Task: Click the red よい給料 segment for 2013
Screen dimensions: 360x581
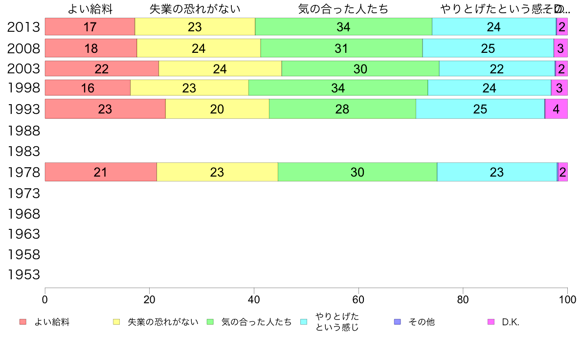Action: click(x=89, y=27)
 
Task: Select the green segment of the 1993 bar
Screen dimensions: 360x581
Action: click(x=342, y=109)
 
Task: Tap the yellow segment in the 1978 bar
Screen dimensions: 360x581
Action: click(x=217, y=172)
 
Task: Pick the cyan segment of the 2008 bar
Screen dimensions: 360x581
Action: click(x=488, y=48)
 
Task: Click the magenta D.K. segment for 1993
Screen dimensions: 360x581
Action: click(x=557, y=109)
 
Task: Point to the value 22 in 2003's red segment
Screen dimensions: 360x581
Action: click(x=102, y=69)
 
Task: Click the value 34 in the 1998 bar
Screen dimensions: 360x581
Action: click(x=338, y=88)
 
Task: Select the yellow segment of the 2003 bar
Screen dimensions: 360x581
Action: click(x=220, y=69)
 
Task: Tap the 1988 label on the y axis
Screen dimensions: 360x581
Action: click(x=23, y=131)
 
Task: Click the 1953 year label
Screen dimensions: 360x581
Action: click(x=23, y=274)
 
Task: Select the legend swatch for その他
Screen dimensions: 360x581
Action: click(x=397, y=322)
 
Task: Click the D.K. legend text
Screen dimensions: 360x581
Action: click(x=511, y=322)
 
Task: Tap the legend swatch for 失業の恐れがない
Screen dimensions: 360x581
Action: click(x=116, y=322)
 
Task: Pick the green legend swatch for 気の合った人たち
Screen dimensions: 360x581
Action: click(x=210, y=322)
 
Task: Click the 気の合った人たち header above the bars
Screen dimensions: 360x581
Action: click(x=343, y=9)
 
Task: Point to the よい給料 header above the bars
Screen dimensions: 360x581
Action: click(x=90, y=9)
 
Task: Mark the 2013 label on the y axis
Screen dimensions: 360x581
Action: click(x=23, y=27)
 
